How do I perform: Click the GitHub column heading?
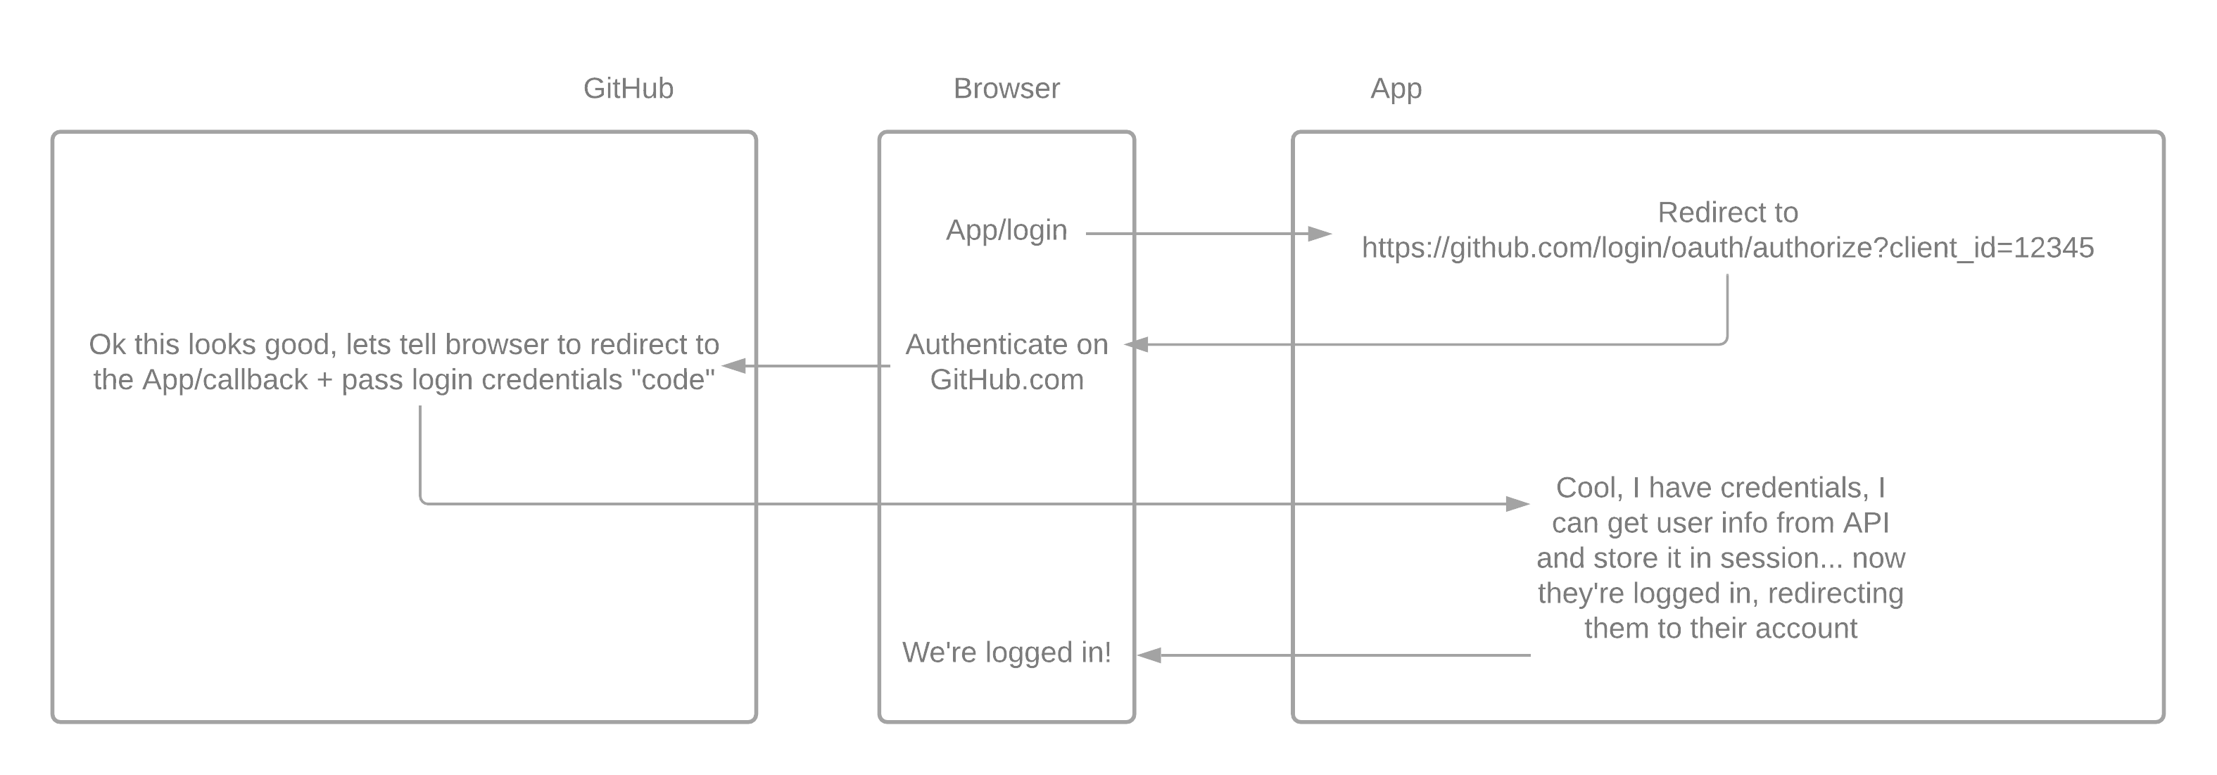[629, 89]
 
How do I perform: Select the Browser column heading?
[1006, 89]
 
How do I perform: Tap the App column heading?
[1395, 89]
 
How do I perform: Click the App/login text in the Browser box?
[1006, 230]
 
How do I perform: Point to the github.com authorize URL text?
[1727, 248]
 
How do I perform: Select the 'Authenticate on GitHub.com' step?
[1006, 362]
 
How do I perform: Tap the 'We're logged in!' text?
[1006, 653]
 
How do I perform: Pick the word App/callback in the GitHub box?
[225, 379]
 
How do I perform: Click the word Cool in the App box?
[1584, 489]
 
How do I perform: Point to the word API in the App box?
[1865, 524]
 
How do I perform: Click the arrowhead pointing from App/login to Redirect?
[1320, 234]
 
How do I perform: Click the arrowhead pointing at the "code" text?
[734, 366]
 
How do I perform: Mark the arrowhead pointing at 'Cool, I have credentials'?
[1517, 504]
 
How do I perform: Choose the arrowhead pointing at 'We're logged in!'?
[1149, 655]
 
